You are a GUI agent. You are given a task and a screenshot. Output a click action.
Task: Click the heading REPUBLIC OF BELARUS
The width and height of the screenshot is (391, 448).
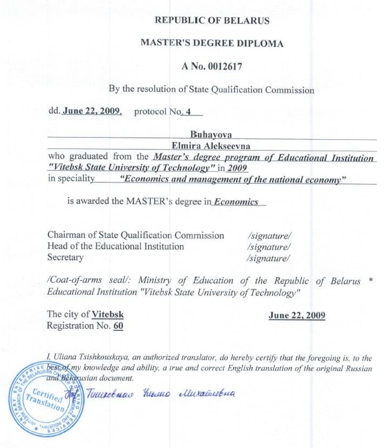click(212, 21)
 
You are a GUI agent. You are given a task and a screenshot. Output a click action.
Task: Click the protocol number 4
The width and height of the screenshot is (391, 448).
click(188, 112)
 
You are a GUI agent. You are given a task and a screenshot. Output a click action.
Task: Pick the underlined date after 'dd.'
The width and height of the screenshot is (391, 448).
click(92, 112)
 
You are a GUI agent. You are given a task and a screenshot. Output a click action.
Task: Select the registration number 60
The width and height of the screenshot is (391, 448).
click(118, 325)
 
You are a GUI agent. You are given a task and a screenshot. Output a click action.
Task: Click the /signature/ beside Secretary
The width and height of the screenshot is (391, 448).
click(268, 258)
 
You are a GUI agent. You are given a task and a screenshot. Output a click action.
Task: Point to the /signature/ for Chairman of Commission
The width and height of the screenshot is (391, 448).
click(268, 235)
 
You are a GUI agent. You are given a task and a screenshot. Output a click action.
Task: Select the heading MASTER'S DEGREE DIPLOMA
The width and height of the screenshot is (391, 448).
click(212, 44)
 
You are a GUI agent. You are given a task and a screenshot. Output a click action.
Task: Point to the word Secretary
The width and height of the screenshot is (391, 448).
click(65, 257)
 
